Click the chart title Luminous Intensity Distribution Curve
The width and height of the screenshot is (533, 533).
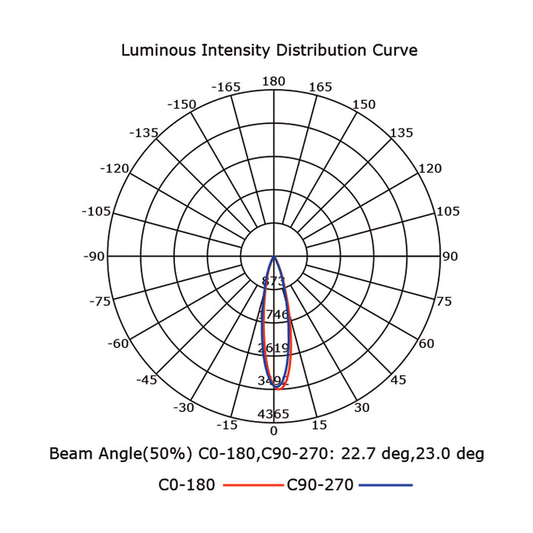click(x=269, y=51)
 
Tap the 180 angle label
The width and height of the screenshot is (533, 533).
click(x=273, y=81)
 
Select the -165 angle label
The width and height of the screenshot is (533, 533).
click(x=226, y=87)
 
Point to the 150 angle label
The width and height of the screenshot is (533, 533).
click(x=363, y=104)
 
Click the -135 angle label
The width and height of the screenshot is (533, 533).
click(x=144, y=132)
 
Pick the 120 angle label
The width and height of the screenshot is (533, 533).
click(x=430, y=168)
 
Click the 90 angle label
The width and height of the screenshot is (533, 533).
click(x=450, y=257)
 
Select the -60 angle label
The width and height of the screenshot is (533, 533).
click(x=118, y=343)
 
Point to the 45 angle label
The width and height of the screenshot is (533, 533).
click(x=398, y=380)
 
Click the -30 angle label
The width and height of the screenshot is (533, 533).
click(x=184, y=407)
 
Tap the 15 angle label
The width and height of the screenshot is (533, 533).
click(x=319, y=425)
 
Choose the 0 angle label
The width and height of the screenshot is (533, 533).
click(x=274, y=431)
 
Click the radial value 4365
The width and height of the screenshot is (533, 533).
click(x=274, y=414)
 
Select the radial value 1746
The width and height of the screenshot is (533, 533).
click(x=274, y=314)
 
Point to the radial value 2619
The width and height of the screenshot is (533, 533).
click(x=274, y=348)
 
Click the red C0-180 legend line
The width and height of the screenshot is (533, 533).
click(x=251, y=485)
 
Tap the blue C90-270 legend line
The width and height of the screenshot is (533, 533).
click(x=386, y=485)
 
